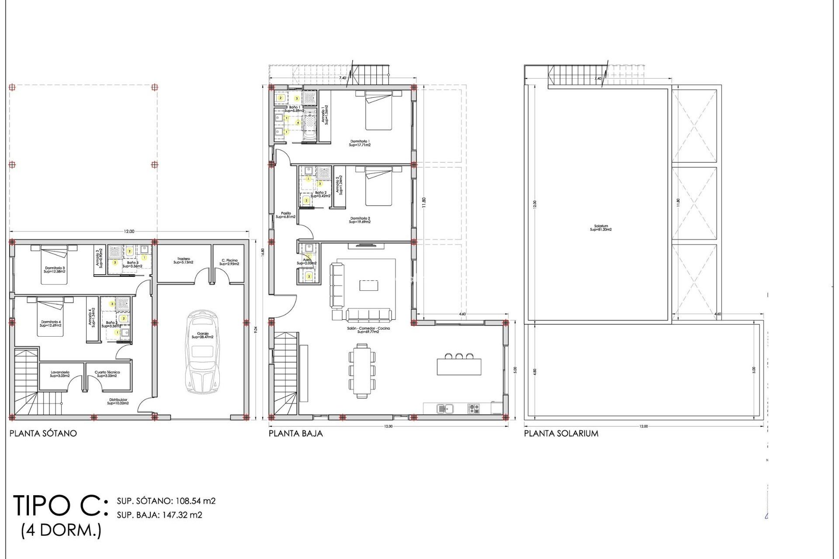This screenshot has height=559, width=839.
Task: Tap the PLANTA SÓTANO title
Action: (x=43, y=433)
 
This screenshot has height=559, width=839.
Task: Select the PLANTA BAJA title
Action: (x=295, y=433)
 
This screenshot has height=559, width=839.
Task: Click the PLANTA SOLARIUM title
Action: (x=561, y=433)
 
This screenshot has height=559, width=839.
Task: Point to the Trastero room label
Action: (x=184, y=261)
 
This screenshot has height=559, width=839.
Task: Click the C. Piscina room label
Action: (x=229, y=262)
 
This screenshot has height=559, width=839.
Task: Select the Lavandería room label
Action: (x=60, y=374)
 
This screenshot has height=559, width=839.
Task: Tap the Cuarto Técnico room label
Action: (x=107, y=374)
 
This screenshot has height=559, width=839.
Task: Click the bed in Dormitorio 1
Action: (x=378, y=111)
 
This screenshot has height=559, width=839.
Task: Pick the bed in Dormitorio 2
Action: (x=378, y=187)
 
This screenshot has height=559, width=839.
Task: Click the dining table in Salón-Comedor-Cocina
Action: (x=362, y=371)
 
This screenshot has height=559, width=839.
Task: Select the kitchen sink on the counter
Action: (x=445, y=409)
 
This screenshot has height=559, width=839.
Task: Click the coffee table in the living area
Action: (x=369, y=285)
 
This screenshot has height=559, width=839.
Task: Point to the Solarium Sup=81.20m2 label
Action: (x=601, y=228)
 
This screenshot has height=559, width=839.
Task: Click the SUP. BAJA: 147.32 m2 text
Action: (x=159, y=515)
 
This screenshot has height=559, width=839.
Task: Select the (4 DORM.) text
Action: (x=61, y=530)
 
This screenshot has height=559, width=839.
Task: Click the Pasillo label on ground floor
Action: (x=286, y=215)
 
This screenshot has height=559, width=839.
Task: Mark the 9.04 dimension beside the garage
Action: (x=256, y=330)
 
